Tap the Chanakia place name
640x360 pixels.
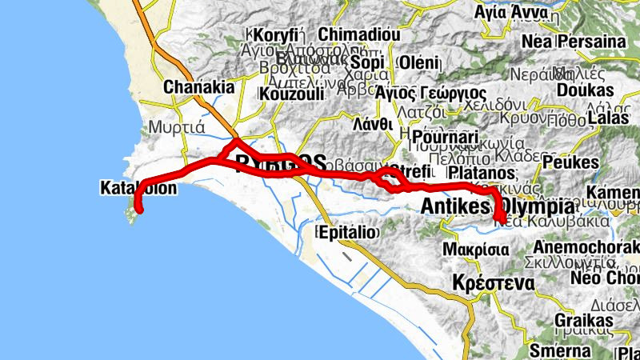[x=198, y=87]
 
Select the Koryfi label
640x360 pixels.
[x=276, y=34]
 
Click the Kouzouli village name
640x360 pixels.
[x=291, y=94]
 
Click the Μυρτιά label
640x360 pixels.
[x=184, y=126]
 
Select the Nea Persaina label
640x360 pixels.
[x=573, y=41]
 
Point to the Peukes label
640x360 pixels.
[x=570, y=162]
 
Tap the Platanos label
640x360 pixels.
[x=480, y=173]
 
